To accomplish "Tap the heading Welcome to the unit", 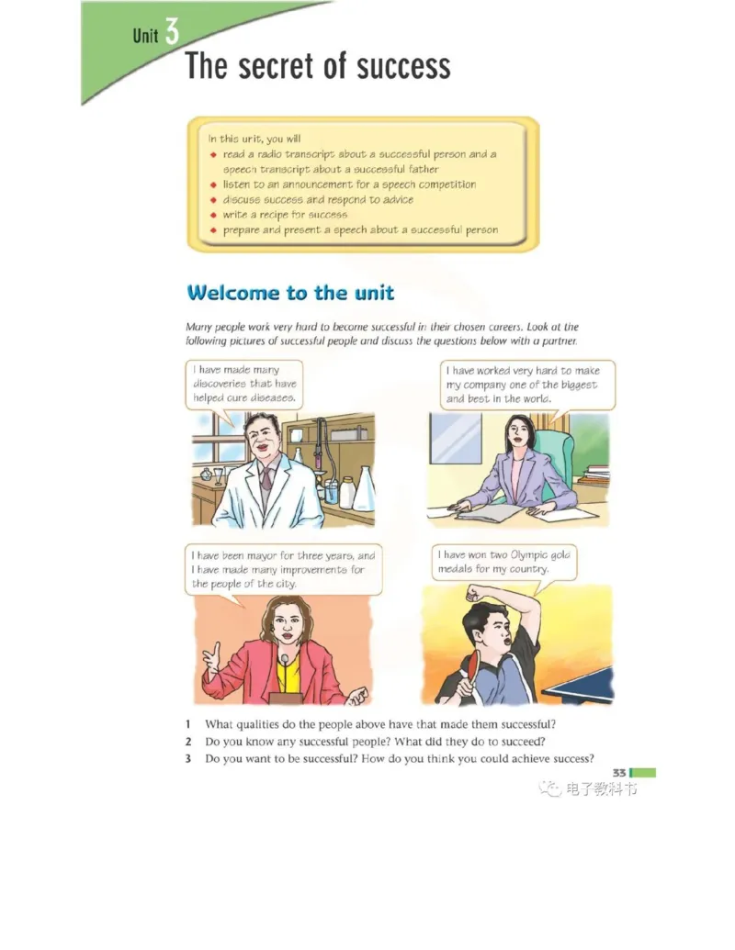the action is [x=290, y=293].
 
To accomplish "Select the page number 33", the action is [x=618, y=773].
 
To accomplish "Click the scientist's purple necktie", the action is [x=266, y=478].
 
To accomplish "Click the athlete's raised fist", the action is [x=475, y=592].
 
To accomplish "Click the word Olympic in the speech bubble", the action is [x=528, y=555].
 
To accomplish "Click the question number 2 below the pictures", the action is [x=188, y=742].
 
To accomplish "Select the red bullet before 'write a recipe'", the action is [x=213, y=215].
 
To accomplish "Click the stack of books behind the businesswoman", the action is [x=596, y=475].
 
